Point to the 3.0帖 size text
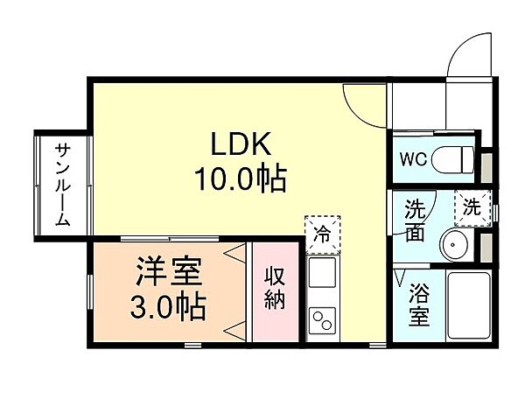tap(169, 307)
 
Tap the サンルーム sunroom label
tap(63, 184)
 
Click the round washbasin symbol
tap(454, 244)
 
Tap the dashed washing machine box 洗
tap(471, 208)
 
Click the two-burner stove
tap(322, 319)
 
